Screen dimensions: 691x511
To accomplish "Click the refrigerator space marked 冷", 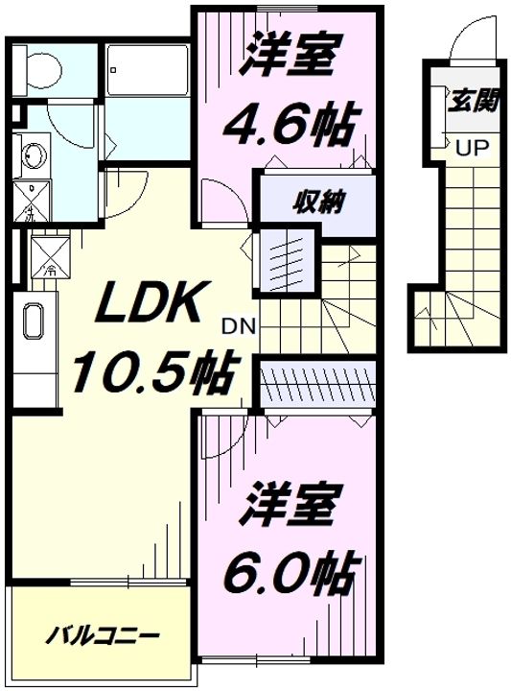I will pos(46,255).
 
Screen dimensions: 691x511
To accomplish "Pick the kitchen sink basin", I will pos(33,322).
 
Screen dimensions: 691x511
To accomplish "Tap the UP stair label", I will pos(470,149).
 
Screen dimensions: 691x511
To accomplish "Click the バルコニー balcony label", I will pos(103,636).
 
